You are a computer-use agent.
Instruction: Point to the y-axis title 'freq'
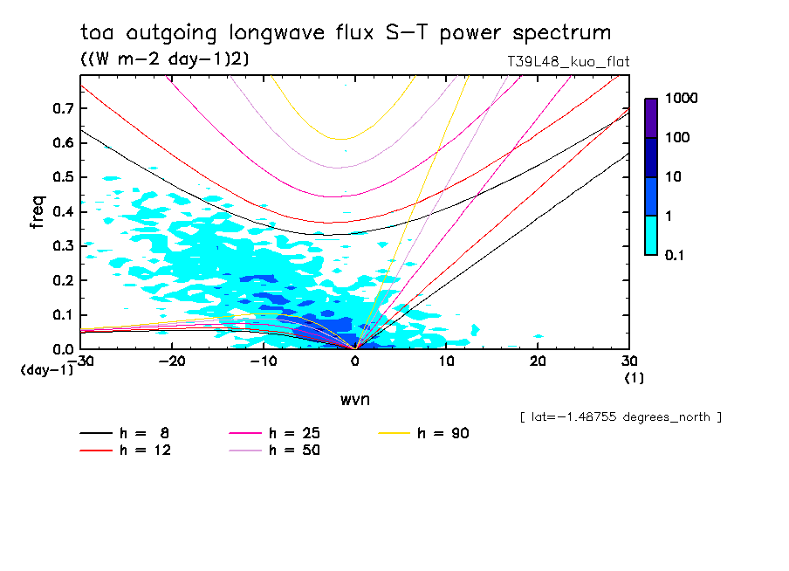pos(37,211)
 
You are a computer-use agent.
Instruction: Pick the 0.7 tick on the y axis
pos(61,108)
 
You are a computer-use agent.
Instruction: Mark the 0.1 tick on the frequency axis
pos(61,314)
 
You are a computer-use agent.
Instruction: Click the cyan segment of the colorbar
pos(651,235)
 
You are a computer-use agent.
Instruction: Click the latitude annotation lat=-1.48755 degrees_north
pos(621,417)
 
